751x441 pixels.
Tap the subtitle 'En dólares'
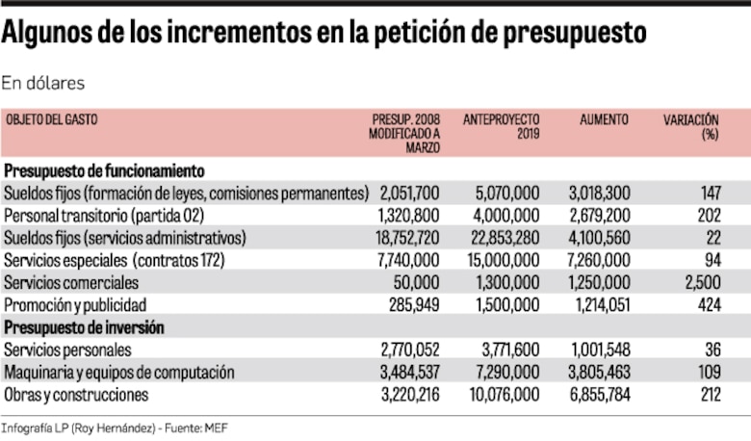[43, 83]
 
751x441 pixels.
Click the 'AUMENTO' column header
[604, 119]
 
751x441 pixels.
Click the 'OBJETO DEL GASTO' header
[52, 119]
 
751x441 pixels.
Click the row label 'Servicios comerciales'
[71, 283]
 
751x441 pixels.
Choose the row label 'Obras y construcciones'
[76, 395]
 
